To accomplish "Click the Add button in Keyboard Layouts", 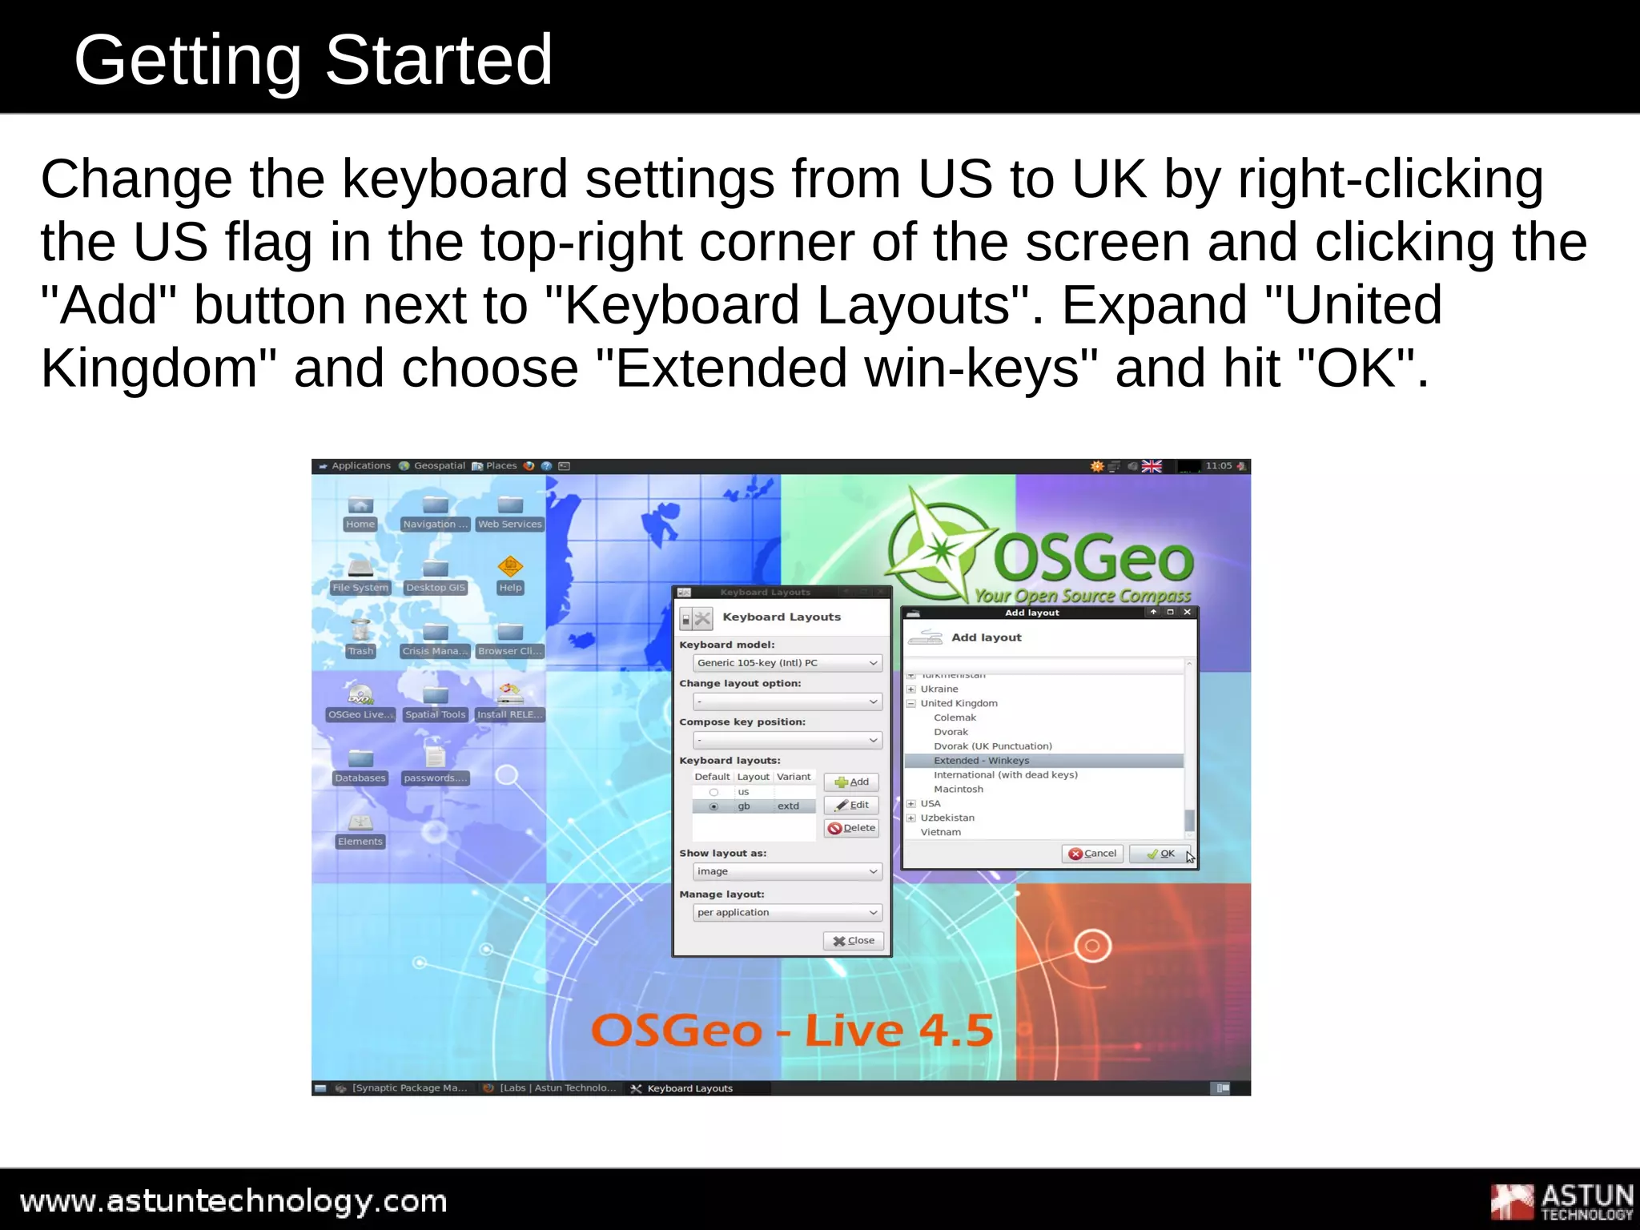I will tap(851, 782).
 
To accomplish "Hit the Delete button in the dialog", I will tap(851, 828).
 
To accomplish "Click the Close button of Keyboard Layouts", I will tap(854, 941).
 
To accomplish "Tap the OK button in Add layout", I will tap(1160, 854).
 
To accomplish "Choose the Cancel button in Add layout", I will tap(1092, 854).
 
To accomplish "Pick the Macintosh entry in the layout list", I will tap(958, 790).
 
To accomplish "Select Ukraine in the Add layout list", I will tap(939, 689).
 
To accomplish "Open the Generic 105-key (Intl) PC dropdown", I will tap(787, 663).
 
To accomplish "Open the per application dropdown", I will tap(787, 913).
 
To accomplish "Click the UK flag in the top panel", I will tap(1152, 466).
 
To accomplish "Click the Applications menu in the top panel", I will tap(360, 466).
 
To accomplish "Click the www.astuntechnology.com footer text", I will tap(233, 1202).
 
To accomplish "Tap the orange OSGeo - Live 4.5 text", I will tap(792, 1031).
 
